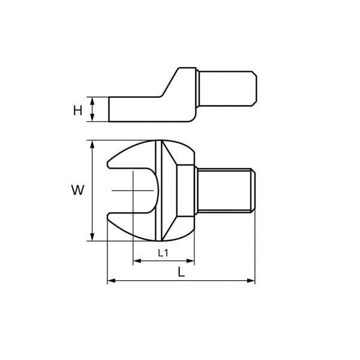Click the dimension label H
[77, 110]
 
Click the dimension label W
[77, 190]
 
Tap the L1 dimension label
[163, 253]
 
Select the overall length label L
[181, 272]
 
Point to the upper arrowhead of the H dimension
[92, 101]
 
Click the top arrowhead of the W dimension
[92, 145]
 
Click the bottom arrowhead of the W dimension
[92, 237]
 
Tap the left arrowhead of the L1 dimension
[137, 261]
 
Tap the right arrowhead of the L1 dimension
[190, 261]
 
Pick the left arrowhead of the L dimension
[112, 281]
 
